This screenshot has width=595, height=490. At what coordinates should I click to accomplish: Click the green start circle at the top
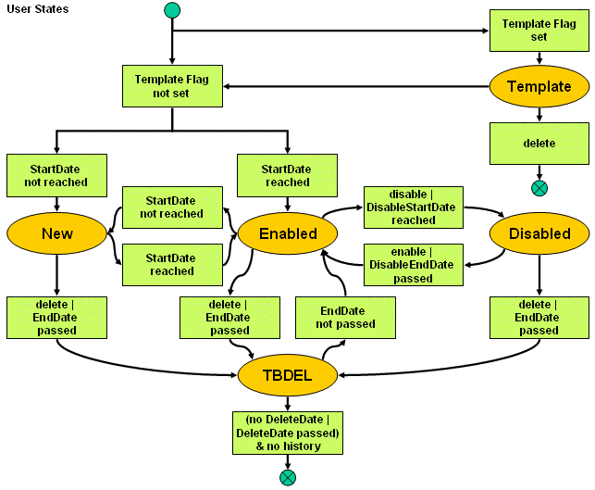(x=172, y=10)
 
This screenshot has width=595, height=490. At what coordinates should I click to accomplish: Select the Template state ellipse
(x=539, y=86)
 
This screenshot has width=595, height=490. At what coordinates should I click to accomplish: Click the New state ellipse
(x=56, y=233)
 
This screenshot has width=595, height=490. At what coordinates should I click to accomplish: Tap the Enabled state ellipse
(x=288, y=233)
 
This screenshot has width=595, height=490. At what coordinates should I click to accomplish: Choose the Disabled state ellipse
(x=539, y=233)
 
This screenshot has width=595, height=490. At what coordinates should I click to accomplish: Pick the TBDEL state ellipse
(x=288, y=375)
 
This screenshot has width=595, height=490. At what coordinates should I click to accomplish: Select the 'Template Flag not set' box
(x=172, y=86)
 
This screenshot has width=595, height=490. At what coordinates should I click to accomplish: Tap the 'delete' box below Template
(x=539, y=144)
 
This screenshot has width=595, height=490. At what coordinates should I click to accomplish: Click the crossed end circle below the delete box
(x=539, y=188)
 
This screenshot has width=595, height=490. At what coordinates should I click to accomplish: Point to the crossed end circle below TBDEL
(x=288, y=477)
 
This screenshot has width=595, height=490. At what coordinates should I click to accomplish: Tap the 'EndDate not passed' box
(x=345, y=317)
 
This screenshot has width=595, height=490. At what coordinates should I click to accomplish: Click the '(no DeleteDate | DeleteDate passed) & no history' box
(x=288, y=433)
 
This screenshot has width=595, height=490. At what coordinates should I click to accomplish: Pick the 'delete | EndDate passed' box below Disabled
(x=539, y=317)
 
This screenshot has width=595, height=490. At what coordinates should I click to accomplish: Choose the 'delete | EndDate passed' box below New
(x=56, y=317)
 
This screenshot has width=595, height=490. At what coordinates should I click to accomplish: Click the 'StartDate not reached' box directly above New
(x=56, y=175)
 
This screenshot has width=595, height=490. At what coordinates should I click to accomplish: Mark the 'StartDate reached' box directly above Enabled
(x=288, y=175)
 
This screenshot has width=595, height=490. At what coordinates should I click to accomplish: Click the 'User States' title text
(x=37, y=9)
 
